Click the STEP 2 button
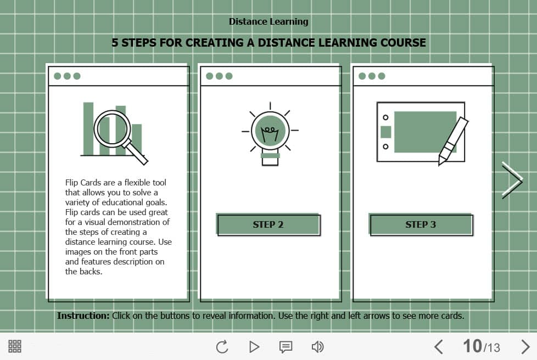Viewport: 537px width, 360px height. (x=268, y=225)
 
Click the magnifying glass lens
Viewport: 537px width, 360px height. (x=112, y=129)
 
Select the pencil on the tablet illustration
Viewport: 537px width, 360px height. (x=453, y=141)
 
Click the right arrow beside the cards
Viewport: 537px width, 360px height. (x=512, y=180)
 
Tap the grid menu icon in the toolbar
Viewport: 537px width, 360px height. (x=15, y=346)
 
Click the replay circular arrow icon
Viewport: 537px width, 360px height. (x=222, y=347)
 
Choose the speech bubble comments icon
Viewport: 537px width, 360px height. (x=286, y=347)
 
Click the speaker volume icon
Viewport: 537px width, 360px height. (x=317, y=347)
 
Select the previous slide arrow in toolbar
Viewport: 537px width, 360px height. (x=439, y=347)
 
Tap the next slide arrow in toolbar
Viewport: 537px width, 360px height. (x=525, y=347)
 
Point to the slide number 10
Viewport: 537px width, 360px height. (x=472, y=346)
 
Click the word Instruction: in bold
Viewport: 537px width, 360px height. (x=83, y=316)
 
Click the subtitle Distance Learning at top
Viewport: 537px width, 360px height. (x=268, y=21)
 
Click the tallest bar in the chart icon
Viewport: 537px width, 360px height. (x=88, y=128)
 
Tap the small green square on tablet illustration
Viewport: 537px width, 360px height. (x=386, y=132)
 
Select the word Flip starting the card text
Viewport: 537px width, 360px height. (x=71, y=182)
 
